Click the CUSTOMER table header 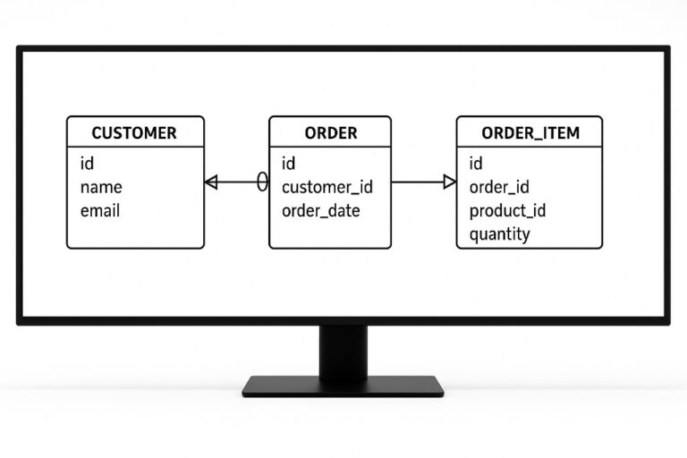(134, 133)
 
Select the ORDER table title (330, 133)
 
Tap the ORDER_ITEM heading (530, 133)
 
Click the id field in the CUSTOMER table (87, 163)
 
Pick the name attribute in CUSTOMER (101, 187)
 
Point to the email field (100, 211)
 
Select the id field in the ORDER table (289, 163)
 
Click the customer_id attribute (327, 187)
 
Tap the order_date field (320, 211)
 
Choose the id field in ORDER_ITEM (476, 163)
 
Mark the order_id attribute (499, 187)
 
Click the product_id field (507, 211)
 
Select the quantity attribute (499, 234)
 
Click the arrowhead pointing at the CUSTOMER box (211, 182)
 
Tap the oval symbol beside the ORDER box (262, 182)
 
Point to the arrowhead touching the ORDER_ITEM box (450, 182)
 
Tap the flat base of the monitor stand (343, 386)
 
